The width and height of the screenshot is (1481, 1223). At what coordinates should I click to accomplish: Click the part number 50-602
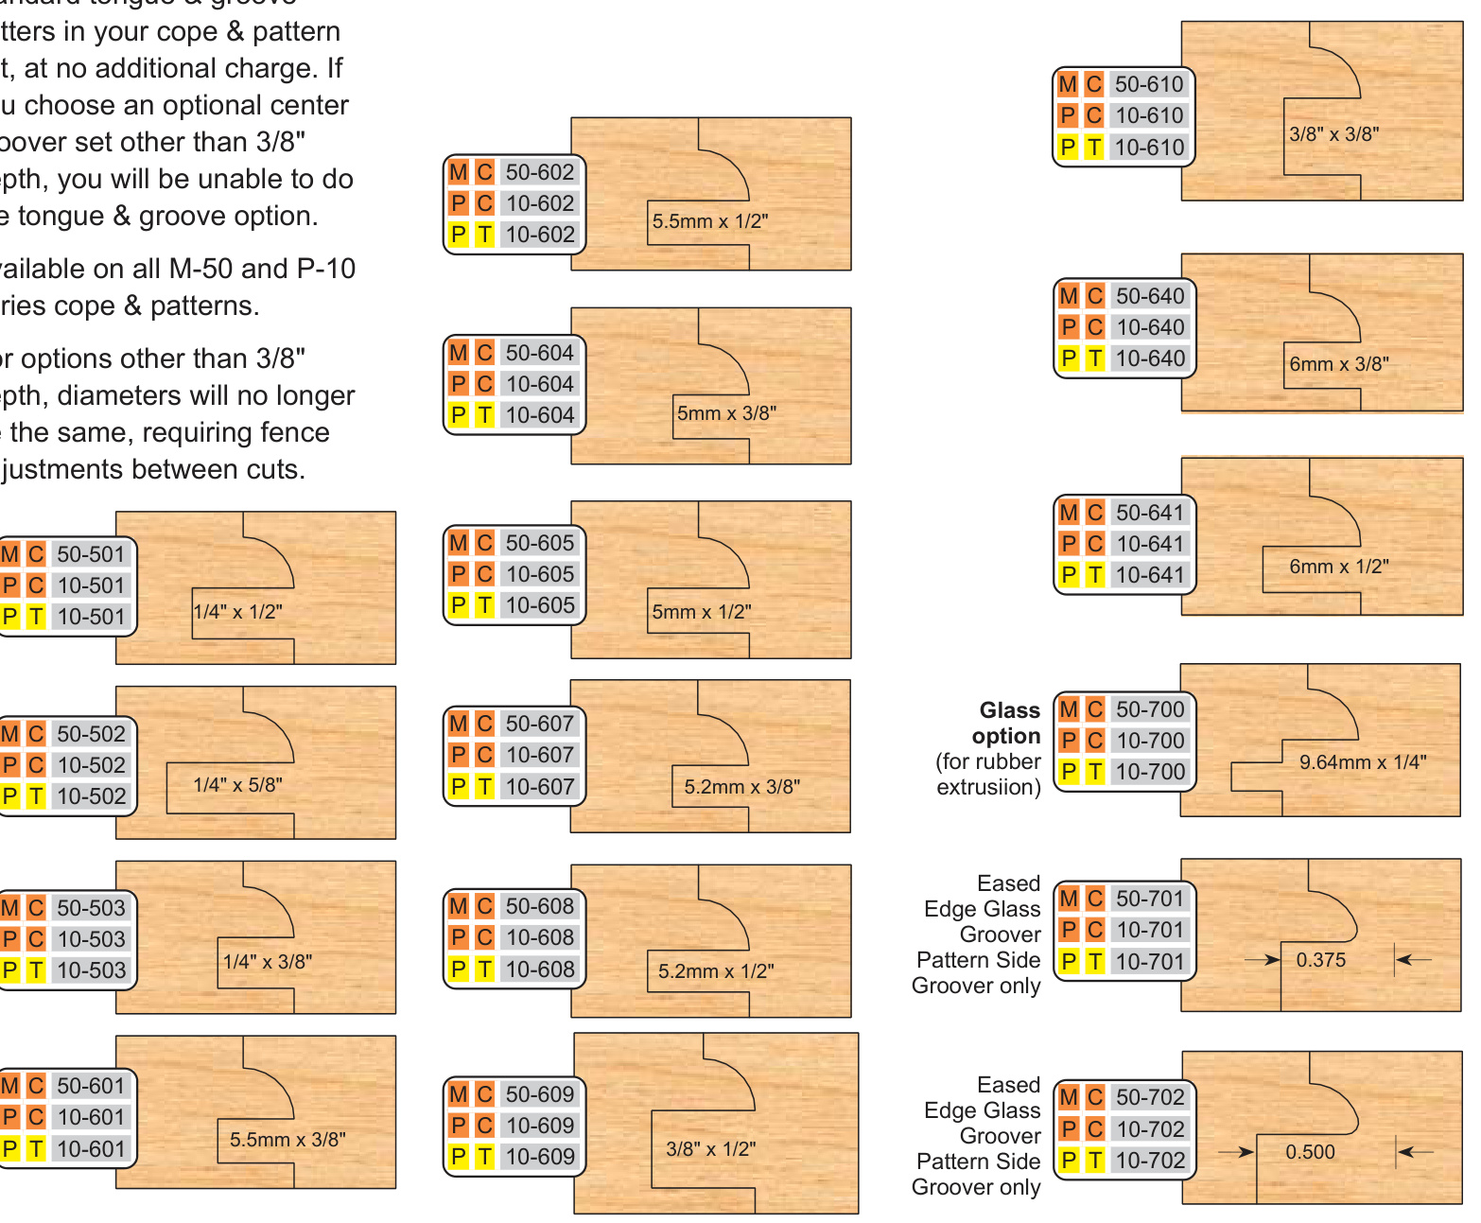click(x=539, y=172)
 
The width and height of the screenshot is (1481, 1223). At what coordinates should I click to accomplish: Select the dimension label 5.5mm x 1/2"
click(x=709, y=221)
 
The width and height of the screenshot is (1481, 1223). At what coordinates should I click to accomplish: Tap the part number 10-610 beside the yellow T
click(x=1149, y=148)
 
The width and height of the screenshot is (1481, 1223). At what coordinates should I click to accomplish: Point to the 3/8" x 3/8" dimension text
click(x=1333, y=134)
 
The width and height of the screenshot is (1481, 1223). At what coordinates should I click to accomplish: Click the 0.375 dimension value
click(x=1320, y=960)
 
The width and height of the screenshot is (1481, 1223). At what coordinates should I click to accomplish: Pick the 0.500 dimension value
click(x=1310, y=1152)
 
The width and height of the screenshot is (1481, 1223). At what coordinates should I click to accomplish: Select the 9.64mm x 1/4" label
click(x=1362, y=762)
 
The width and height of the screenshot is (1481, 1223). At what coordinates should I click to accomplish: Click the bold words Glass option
click(x=1007, y=723)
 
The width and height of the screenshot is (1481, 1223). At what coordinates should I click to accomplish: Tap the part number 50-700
click(x=1150, y=709)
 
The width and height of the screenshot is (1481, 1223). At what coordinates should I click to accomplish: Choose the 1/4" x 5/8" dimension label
click(x=237, y=785)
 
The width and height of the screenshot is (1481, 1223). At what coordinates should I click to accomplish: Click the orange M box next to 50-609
click(x=459, y=1094)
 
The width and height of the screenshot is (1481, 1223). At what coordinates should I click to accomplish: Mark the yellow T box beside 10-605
click(x=484, y=605)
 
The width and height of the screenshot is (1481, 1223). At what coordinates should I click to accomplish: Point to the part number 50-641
click(x=1150, y=513)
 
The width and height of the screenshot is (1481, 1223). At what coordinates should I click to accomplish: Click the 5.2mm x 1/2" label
click(x=716, y=971)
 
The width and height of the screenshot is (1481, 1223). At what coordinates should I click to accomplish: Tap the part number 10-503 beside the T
click(x=91, y=970)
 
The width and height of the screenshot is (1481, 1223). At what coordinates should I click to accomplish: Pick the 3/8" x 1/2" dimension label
click(x=710, y=1149)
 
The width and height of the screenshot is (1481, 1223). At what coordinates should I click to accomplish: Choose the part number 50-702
click(x=1150, y=1097)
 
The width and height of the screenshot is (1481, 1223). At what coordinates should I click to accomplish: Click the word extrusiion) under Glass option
click(x=988, y=787)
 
